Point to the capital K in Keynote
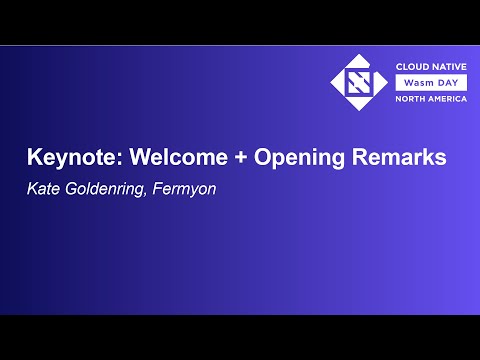tap(33, 158)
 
